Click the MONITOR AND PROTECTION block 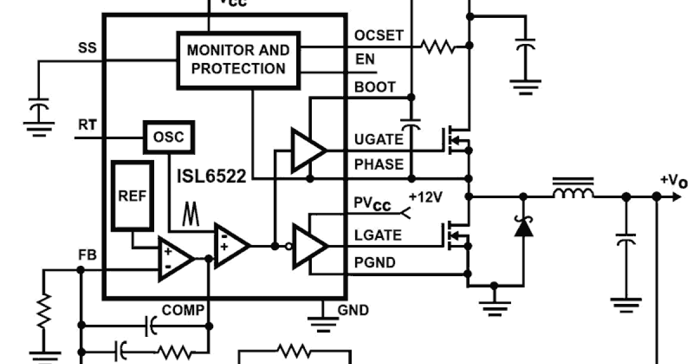(238, 60)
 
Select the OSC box (169, 138)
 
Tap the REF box (132, 195)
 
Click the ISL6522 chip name (212, 176)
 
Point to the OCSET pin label (378, 36)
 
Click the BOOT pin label (375, 87)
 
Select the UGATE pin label (378, 139)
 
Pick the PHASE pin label (379, 165)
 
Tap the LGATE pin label (378, 236)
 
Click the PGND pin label (375, 263)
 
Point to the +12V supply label (426, 198)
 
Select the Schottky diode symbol (523, 228)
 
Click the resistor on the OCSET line (437, 46)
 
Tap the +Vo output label (673, 182)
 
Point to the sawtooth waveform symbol (191, 214)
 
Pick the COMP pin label (182, 310)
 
